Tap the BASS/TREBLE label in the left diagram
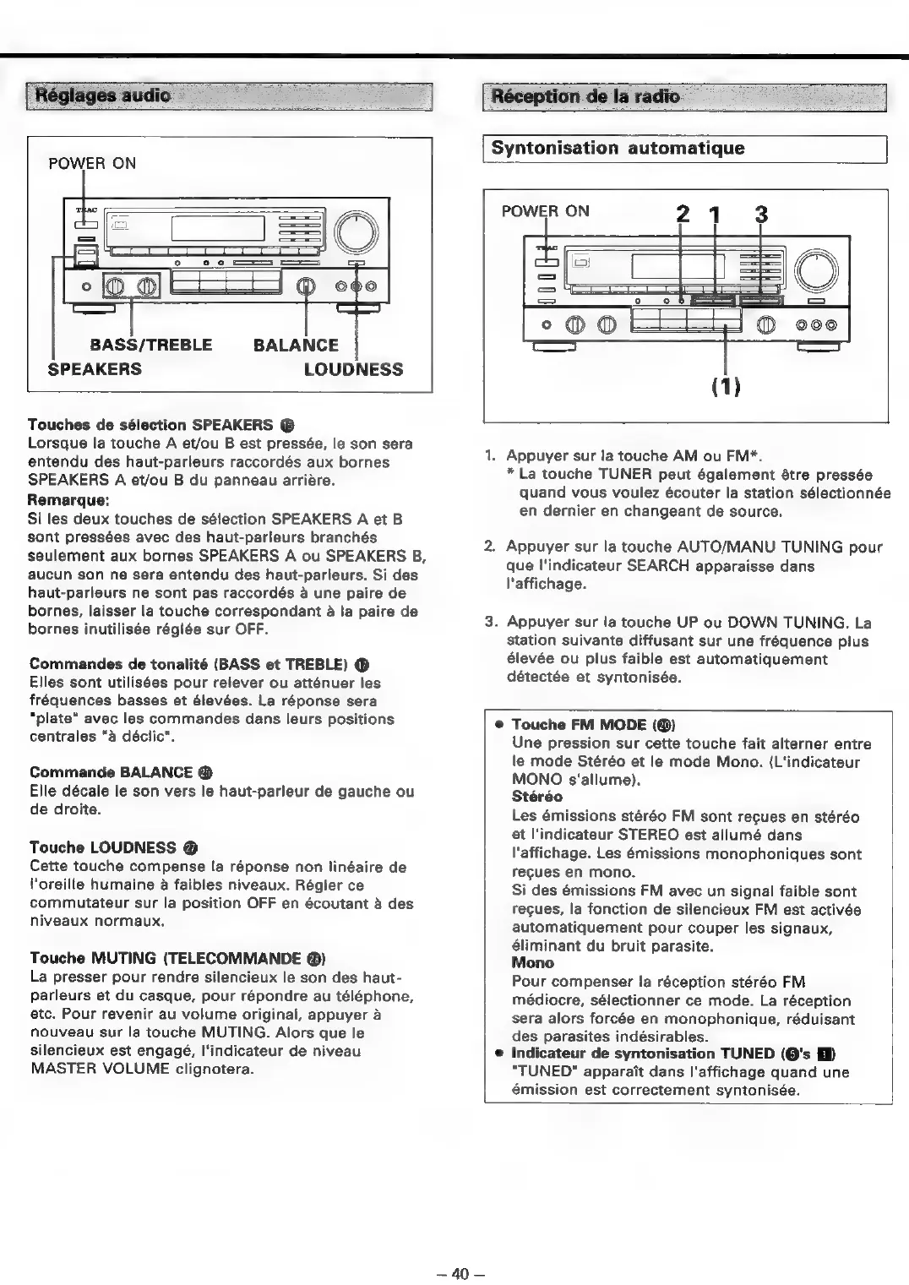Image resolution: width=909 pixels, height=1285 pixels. [151, 345]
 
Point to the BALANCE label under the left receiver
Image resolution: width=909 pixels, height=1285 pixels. [296, 345]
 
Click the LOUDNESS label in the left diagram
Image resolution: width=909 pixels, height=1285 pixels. [353, 369]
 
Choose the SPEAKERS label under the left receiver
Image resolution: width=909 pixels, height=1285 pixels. [94, 369]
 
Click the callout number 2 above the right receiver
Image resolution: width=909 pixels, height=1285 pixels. [683, 215]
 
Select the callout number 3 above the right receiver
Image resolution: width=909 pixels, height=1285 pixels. [760, 215]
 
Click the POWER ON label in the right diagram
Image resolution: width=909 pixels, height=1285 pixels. [545, 211]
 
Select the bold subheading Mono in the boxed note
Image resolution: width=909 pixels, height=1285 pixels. [532, 962]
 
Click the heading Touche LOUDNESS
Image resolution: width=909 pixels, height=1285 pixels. [103, 847]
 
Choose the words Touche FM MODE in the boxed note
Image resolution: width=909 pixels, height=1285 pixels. [580, 725]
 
